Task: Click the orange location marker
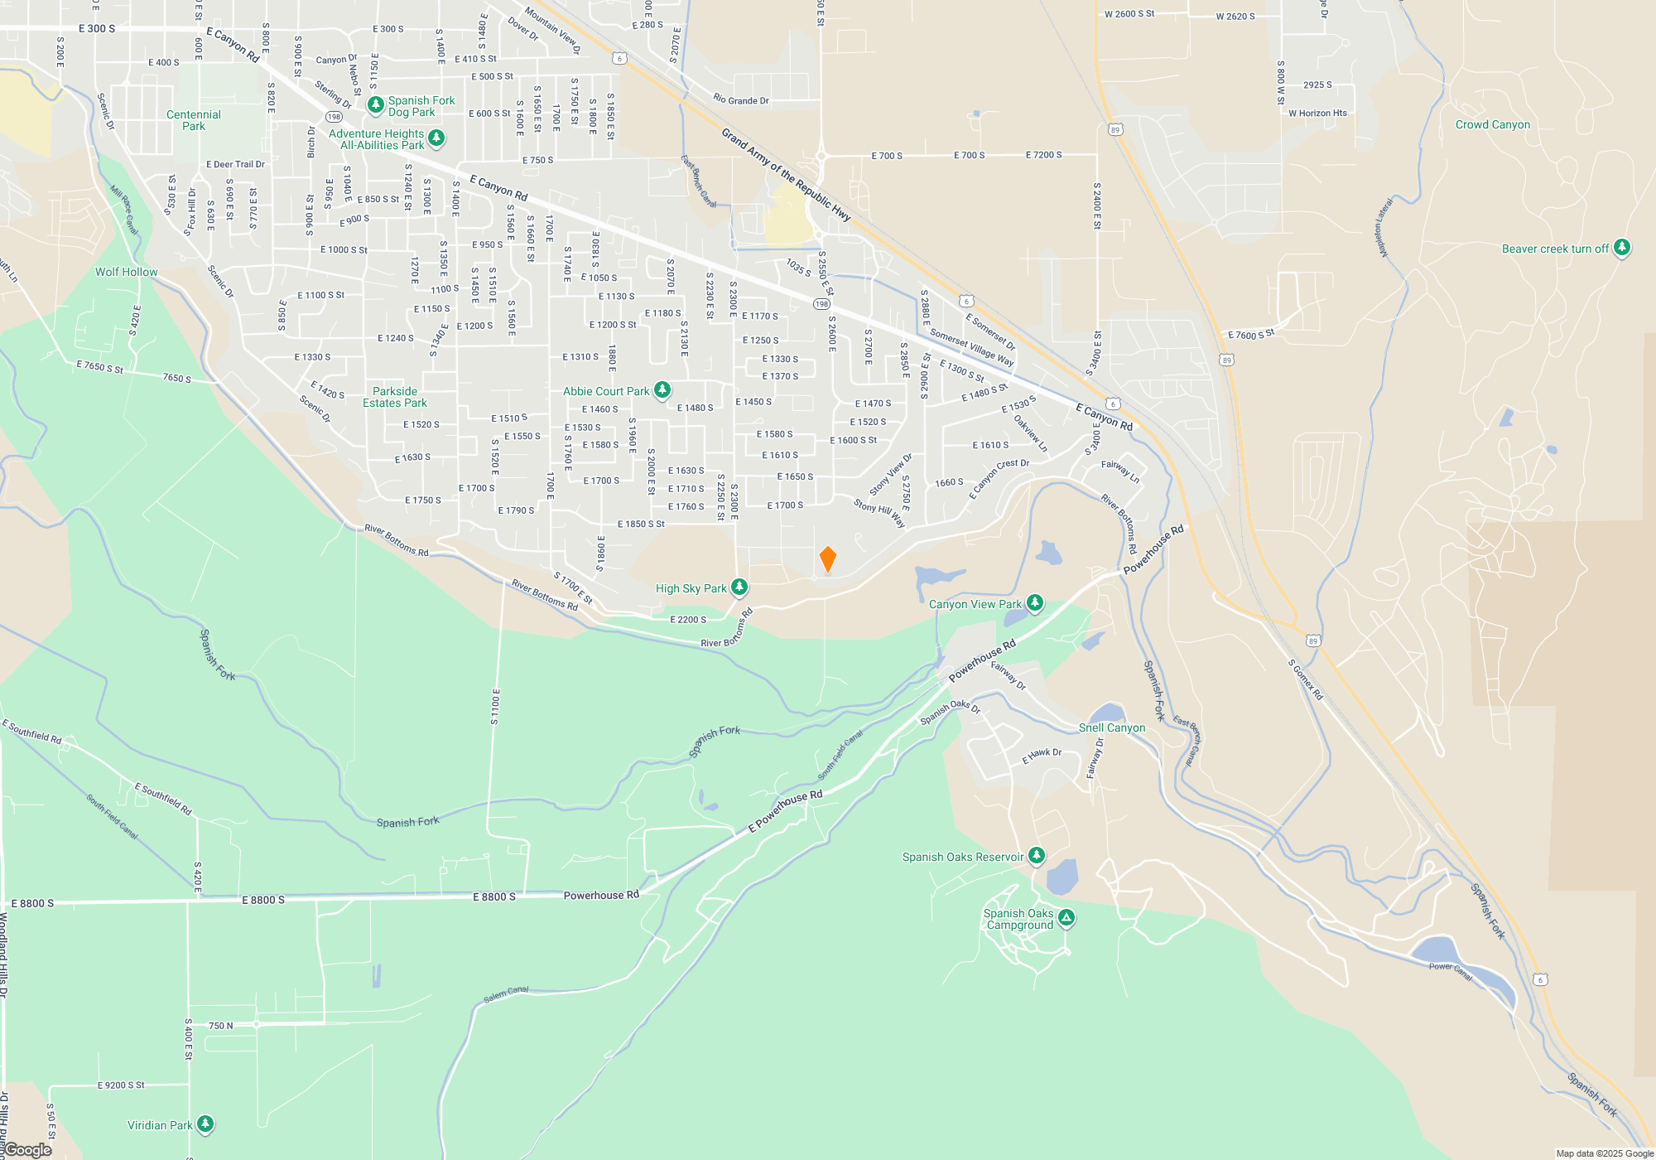[827, 558]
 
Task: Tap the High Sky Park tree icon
[739, 587]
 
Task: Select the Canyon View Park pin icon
[1034, 602]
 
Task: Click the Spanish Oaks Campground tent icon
[1066, 917]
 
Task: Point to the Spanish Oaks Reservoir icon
[1036, 856]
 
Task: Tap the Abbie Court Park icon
[662, 390]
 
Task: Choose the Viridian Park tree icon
[205, 1124]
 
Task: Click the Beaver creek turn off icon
[1622, 248]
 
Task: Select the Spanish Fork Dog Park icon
[375, 105]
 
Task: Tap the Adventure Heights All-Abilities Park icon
[436, 138]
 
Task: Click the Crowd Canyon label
[1493, 125]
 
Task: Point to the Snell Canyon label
[1112, 727]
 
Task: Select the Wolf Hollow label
[126, 272]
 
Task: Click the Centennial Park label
[194, 120]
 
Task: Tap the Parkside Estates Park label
[395, 397]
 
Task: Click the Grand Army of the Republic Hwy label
[786, 175]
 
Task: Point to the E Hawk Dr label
[1042, 756]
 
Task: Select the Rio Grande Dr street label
[741, 100]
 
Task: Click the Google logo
[28, 1150]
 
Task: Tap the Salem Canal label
[506, 994]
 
